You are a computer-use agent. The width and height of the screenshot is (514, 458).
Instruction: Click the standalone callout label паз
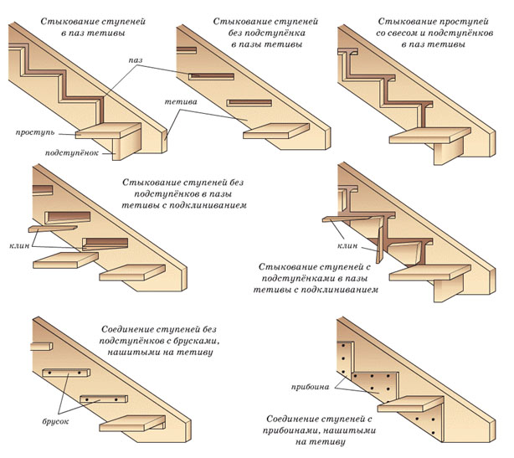[136, 62]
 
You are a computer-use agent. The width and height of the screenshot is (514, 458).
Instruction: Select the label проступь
[33, 133]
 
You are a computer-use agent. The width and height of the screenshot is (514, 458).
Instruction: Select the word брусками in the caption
[187, 342]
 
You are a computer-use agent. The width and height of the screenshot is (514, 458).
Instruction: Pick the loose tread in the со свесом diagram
[433, 136]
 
